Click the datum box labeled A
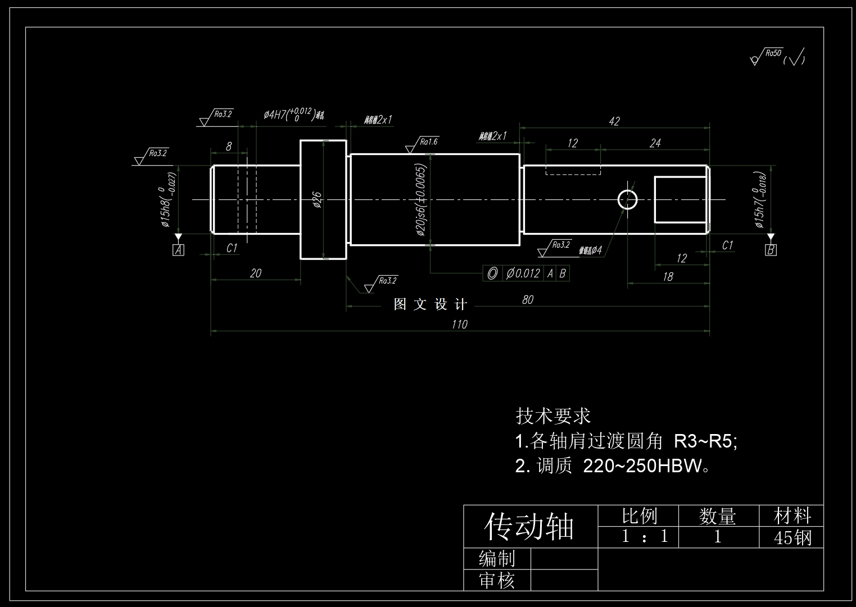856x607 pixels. click(178, 250)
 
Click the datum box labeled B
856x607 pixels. click(771, 250)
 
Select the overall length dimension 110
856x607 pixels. click(459, 325)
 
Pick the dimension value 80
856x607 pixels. click(527, 300)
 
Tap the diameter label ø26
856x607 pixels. click(317, 200)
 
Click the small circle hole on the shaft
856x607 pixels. click(628, 199)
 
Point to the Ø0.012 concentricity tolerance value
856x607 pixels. click(523, 273)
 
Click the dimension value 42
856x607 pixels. click(614, 121)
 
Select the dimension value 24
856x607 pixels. click(655, 143)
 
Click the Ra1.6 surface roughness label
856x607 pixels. click(428, 142)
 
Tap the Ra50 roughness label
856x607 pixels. click(774, 53)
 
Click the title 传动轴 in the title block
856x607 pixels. click(529, 527)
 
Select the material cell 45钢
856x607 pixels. click(792, 537)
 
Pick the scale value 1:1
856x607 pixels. click(644, 536)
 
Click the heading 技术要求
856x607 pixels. click(553, 416)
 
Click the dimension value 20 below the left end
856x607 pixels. click(255, 273)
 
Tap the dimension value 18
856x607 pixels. click(668, 277)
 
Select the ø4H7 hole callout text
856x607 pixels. click(289, 114)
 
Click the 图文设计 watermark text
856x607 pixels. click(431, 304)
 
